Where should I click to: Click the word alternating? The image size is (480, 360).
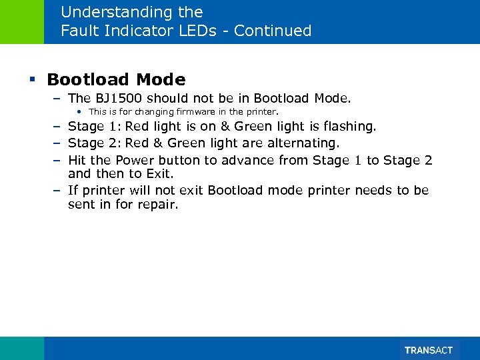[x=305, y=143]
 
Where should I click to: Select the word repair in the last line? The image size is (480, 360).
[x=159, y=205]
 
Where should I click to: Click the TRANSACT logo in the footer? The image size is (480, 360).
[x=429, y=350]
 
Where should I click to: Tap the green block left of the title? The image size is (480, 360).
[x=22, y=21]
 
